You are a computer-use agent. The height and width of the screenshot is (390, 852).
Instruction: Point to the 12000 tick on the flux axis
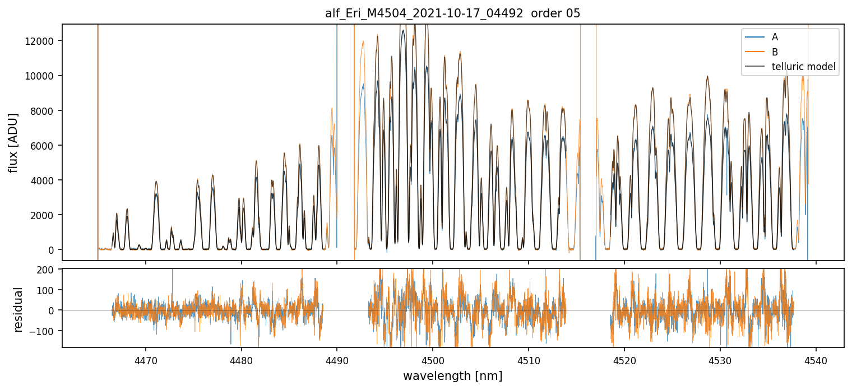coord(43,41)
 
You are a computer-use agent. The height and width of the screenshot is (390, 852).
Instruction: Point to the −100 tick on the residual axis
coord(45,331)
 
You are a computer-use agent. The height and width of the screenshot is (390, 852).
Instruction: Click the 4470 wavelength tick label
coord(146,360)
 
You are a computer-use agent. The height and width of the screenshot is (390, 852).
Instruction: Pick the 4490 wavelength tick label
coord(337,360)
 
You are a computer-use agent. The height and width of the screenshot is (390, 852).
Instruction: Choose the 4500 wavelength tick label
coord(433,360)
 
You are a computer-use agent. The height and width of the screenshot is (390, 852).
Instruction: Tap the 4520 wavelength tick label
coord(624,360)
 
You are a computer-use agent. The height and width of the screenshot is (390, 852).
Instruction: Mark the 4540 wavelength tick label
coord(816,360)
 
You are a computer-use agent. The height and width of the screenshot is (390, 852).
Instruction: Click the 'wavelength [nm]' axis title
coord(452,375)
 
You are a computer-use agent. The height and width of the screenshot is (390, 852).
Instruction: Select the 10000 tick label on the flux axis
coord(43,76)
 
